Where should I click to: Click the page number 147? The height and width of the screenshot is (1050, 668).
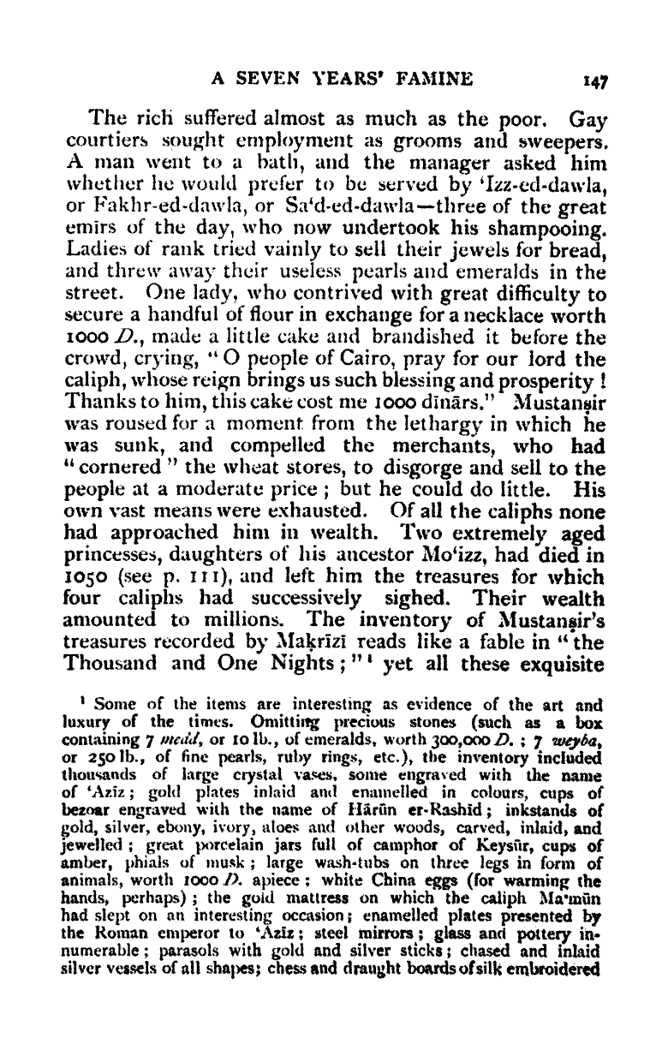coord(594,82)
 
